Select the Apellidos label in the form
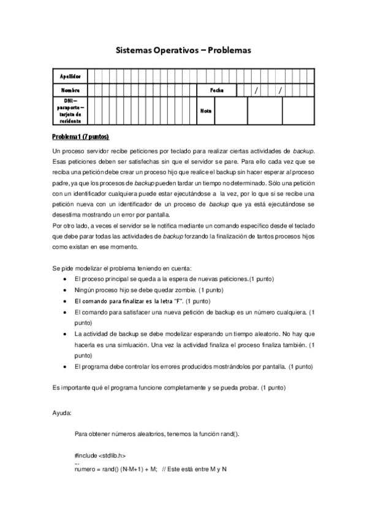pos(70,77)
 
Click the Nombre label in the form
pos(70,90)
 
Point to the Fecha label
pos(216,90)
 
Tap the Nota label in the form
pos(206,111)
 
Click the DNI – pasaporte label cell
pos(70,110)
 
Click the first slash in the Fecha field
pos(257,90)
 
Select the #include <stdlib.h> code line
pos(100,456)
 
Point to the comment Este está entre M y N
pos(199,469)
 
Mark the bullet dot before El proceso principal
pos(66,279)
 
